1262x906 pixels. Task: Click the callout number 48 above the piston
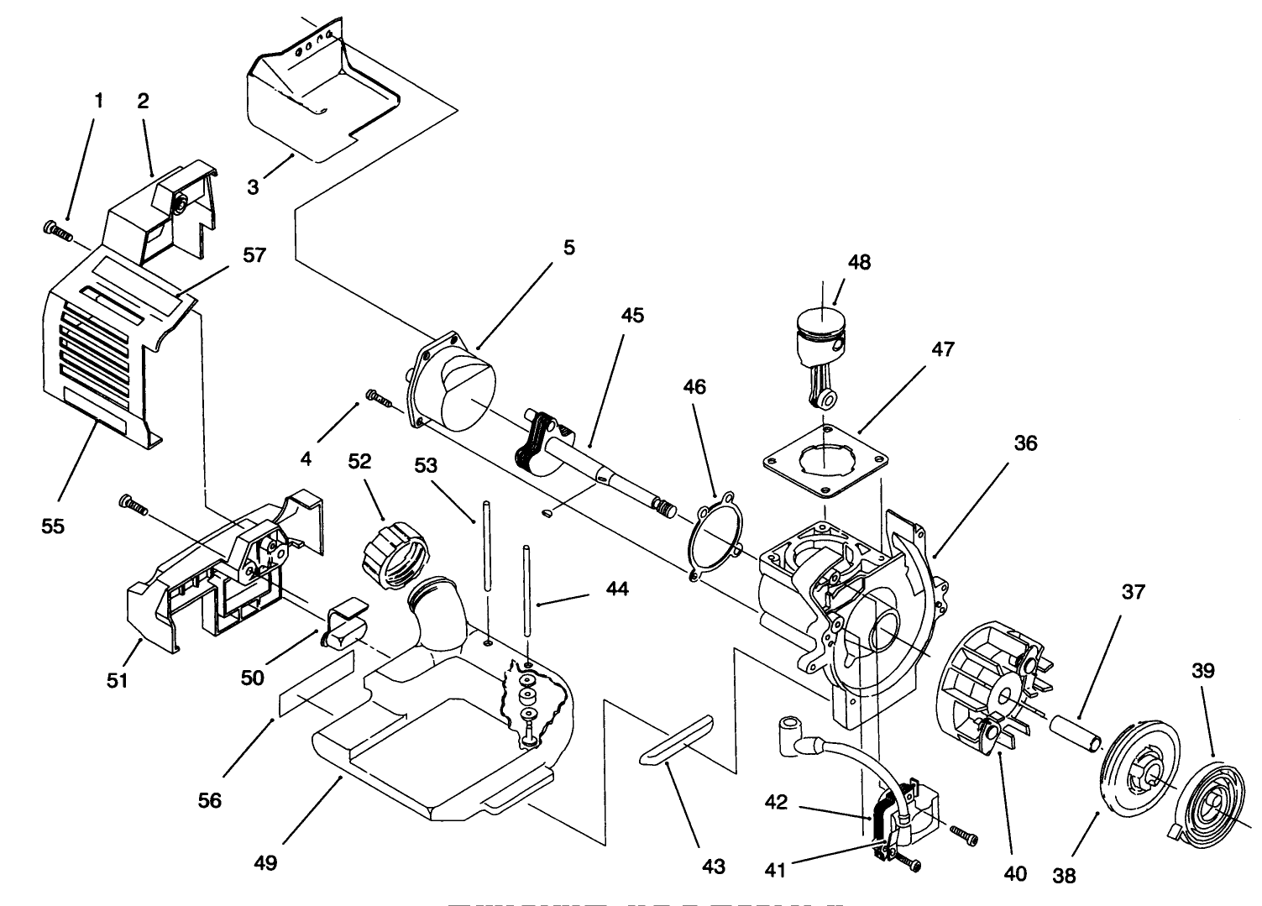pyautogui.click(x=859, y=262)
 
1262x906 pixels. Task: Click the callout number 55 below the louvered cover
pyautogui.click(x=54, y=526)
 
